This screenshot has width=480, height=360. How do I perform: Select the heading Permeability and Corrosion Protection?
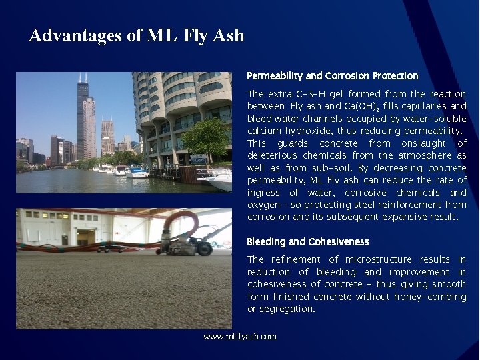[332, 76]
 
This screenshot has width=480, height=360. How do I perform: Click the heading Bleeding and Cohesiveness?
[307, 241]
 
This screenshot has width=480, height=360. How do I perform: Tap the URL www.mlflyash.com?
[240, 336]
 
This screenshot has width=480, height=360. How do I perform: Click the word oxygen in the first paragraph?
[263, 205]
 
